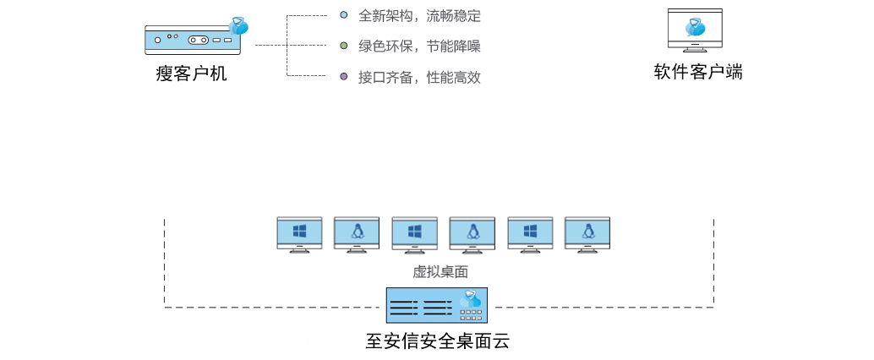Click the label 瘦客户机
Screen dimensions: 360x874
(191, 74)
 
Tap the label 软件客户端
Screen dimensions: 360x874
(698, 72)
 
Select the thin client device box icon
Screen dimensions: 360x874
(193, 39)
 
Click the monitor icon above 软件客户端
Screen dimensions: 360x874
(695, 30)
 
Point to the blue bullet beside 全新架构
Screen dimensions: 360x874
(343, 15)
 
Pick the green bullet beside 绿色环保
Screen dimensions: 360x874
(343, 46)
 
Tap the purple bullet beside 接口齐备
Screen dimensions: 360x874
(343, 76)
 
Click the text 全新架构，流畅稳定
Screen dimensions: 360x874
(419, 16)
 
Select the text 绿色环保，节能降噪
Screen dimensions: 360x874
(419, 46)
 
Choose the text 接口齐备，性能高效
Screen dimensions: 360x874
(419, 77)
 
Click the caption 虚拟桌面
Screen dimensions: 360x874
(440, 271)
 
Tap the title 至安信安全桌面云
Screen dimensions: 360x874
(437, 341)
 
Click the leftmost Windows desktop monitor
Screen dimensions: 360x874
(299, 233)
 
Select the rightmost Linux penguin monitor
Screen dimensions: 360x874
(587, 233)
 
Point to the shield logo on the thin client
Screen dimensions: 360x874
(239, 26)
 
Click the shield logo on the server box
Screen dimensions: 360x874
(470, 298)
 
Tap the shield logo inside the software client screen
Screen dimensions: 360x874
(695, 27)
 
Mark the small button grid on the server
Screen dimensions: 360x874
(471, 314)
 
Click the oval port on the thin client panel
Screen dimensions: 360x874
(199, 40)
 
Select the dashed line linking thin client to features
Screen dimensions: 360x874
(270, 45)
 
